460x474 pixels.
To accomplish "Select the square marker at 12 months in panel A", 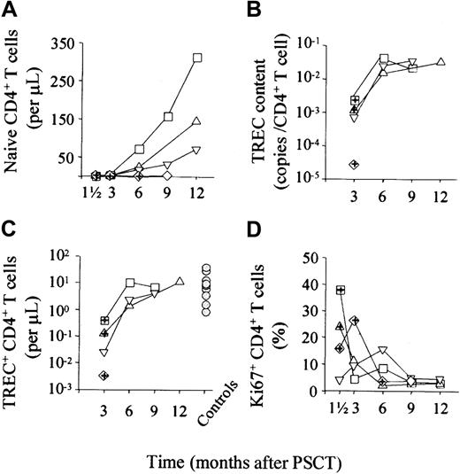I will click(197, 58).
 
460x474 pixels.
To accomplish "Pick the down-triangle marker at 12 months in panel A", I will click(197, 149).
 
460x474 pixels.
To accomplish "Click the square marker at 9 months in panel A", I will click(168, 116).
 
